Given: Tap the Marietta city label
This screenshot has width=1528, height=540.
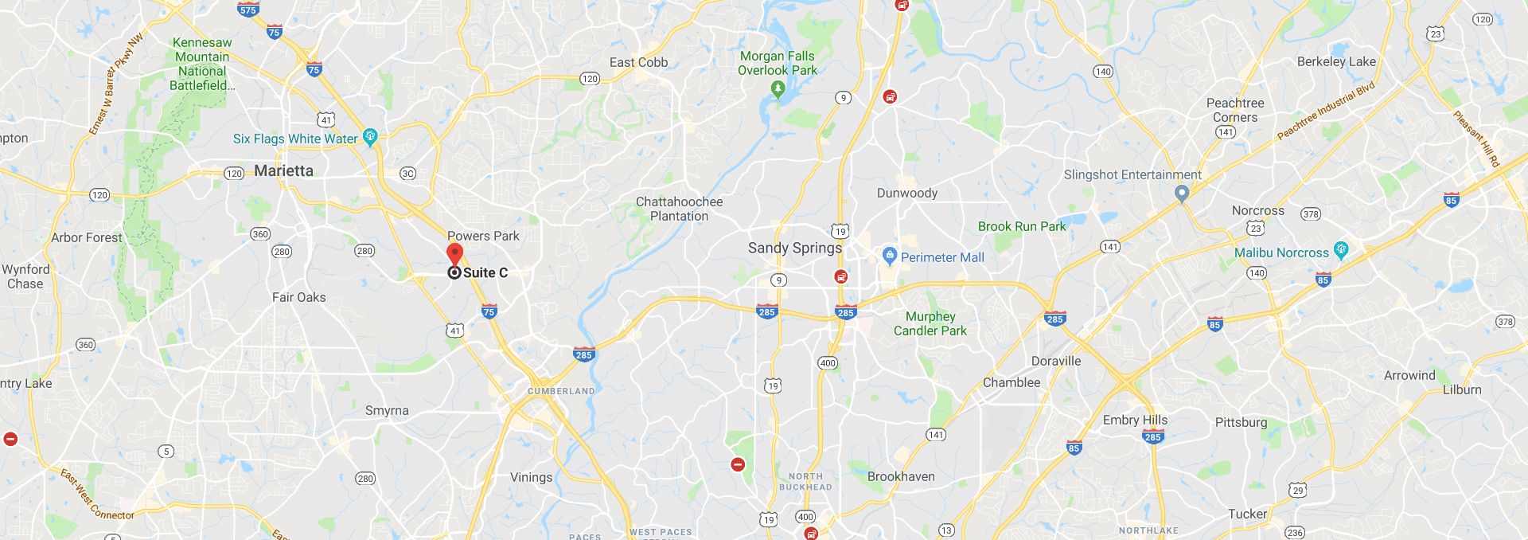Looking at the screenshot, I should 283,170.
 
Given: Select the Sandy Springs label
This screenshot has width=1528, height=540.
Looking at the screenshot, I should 794,248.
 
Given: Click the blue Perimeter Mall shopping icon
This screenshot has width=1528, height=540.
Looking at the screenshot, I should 890,256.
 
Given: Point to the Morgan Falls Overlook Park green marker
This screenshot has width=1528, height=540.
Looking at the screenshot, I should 778,89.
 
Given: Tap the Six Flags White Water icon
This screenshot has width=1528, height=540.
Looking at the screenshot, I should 369,137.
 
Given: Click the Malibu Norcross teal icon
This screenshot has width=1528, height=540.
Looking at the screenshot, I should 1341,250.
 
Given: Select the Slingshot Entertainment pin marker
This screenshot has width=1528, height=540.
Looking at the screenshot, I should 1182,193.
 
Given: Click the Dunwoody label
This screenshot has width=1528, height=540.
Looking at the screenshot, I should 906,193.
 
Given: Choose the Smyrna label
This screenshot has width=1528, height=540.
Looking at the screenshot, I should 387,410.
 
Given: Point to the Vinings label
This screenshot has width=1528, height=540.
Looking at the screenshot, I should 531,477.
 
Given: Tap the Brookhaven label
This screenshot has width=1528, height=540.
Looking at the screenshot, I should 901,476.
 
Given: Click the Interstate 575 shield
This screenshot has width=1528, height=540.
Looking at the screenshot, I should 248,10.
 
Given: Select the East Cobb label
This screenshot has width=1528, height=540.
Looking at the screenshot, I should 638,62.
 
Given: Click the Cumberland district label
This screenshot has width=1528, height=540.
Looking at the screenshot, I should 561,391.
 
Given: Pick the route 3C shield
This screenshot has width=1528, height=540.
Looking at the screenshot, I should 407,174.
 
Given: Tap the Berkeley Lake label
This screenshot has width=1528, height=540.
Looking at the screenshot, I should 1336,61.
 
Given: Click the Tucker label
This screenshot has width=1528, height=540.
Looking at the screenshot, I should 1247,514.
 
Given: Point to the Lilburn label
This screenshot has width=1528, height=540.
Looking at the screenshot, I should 1462,389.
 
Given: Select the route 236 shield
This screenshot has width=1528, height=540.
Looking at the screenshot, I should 1295,532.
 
